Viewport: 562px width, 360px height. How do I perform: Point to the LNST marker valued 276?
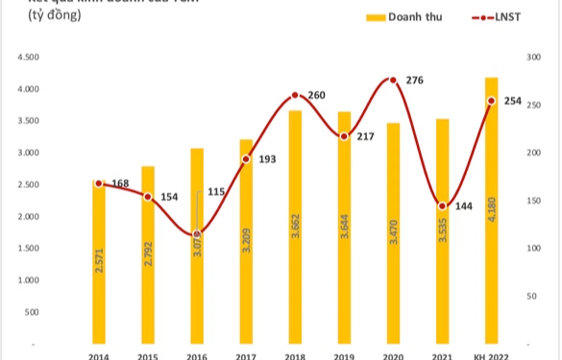[391, 80]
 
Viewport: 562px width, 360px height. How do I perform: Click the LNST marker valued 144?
[442, 205]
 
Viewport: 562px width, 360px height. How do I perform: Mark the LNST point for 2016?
[197, 233]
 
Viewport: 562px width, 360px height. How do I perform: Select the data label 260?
[316, 95]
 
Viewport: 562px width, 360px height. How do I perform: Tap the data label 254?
[513, 101]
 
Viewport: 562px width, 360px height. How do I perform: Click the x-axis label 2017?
[246, 355]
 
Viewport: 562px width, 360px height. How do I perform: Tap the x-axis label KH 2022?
[491, 355]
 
